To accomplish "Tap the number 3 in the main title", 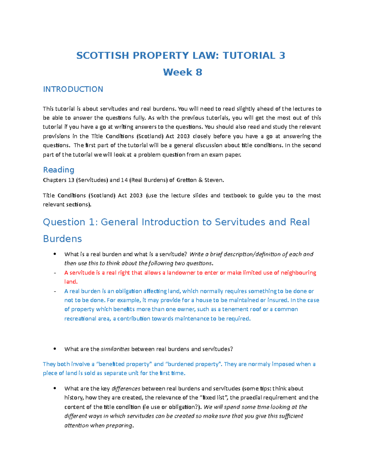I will (282, 56).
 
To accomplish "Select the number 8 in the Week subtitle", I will (199, 72).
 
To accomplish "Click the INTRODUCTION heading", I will (73, 89).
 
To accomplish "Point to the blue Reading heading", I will (59, 170).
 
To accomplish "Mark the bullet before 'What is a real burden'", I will (55, 254).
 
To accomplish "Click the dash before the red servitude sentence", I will (55, 273).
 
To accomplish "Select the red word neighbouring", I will (298, 273).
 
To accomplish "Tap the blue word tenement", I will (235, 309).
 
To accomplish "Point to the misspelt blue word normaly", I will (259, 364).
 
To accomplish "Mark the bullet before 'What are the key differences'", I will (55, 388).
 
